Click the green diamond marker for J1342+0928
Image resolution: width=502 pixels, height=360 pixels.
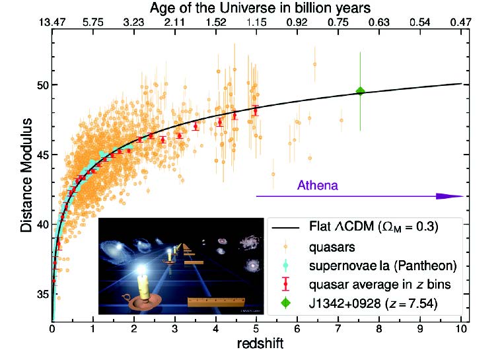click(360, 91)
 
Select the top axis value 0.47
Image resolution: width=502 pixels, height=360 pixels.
click(460, 22)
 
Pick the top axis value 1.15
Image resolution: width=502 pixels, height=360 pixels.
click(256, 22)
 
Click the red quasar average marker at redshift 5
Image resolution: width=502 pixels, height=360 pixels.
click(256, 110)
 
